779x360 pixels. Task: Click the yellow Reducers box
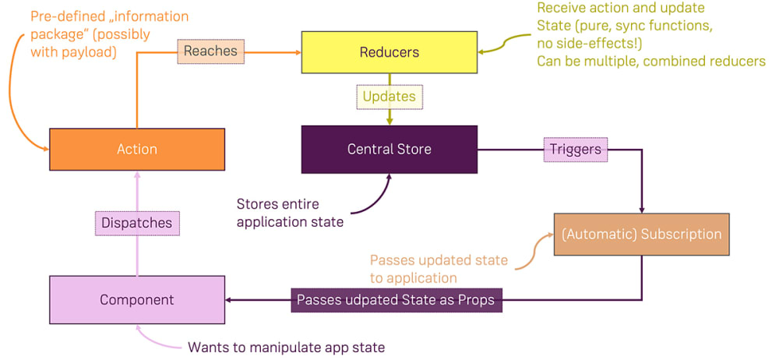[389, 52]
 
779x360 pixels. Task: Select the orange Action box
[136, 149]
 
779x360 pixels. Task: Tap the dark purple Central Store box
[389, 149]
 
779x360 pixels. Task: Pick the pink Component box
[136, 300]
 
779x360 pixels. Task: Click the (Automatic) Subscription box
[641, 234]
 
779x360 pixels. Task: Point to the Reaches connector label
[210, 51]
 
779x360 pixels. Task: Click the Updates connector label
[389, 97]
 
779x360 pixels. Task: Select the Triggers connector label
[576, 149]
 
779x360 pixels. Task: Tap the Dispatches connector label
[136, 223]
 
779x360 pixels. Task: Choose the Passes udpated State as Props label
[397, 300]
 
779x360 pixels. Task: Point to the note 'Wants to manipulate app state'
[287, 347]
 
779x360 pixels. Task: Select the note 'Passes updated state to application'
[439, 268]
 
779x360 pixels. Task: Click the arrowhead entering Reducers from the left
[297, 52]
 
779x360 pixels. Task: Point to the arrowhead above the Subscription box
[641, 209]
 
